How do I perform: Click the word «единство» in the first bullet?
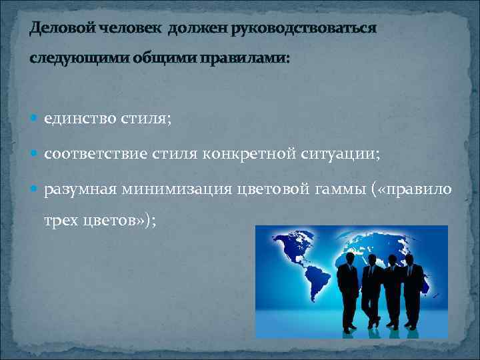pyautogui.click(x=80, y=119)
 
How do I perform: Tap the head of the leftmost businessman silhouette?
pyautogui.click(x=347, y=257)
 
